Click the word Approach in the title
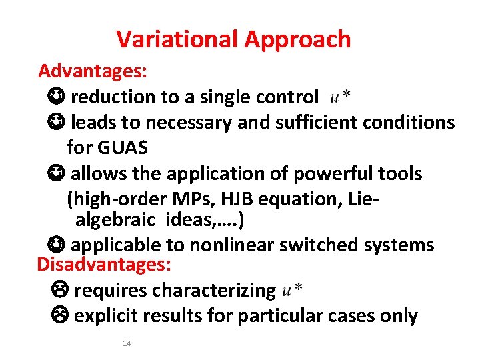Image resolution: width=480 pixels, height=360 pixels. pos(297,40)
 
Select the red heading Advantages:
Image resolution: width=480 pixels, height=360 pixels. pos(93,71)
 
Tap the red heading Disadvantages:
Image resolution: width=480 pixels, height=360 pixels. pos(104,264)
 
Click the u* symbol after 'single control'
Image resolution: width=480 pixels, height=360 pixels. pos(341,97)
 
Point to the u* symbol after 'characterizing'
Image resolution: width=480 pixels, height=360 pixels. pos(293,290)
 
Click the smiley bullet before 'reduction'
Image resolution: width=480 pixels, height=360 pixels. pos(56,97)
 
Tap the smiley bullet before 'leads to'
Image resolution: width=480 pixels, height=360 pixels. pos(56,123)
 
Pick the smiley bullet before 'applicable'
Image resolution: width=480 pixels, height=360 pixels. pos(56,245)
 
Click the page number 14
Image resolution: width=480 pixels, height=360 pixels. pos(127,343)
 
